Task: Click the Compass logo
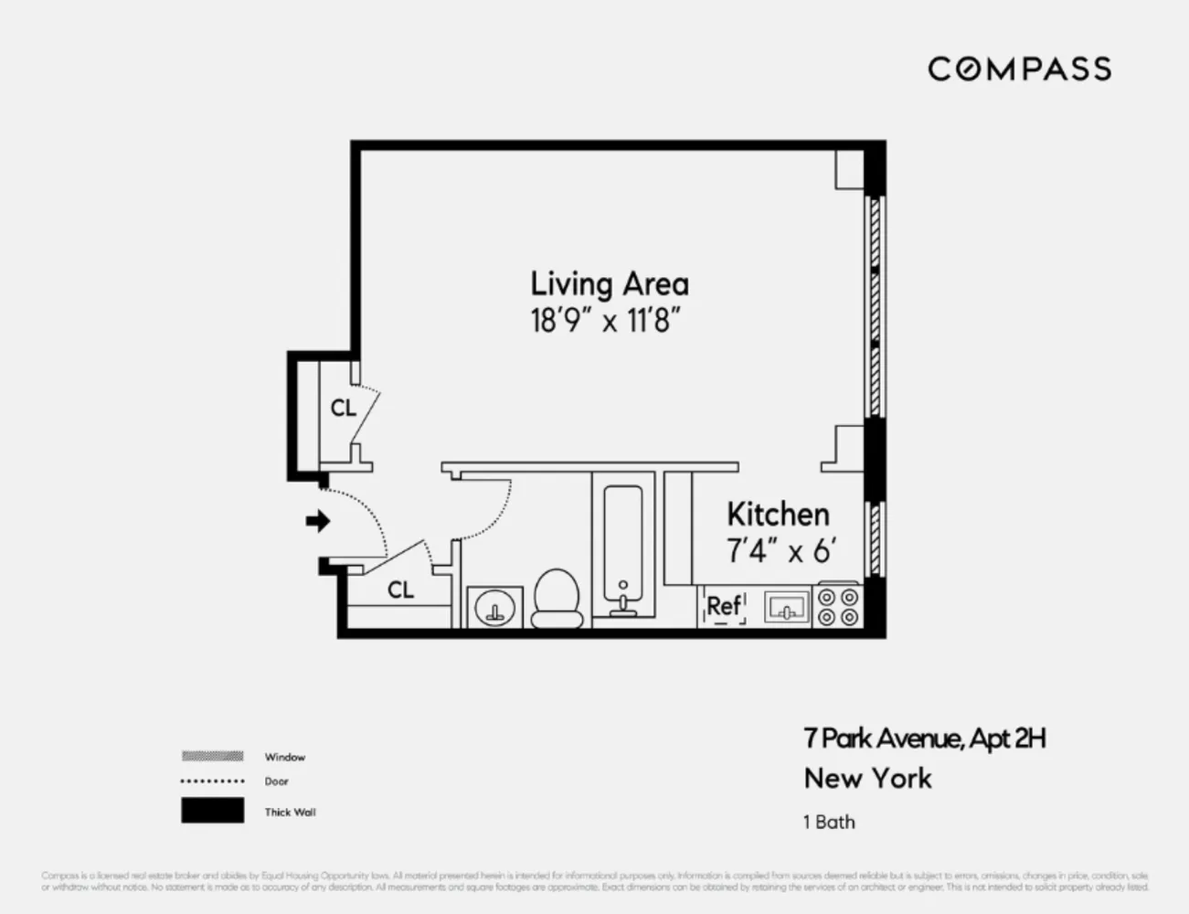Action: (1019, 69)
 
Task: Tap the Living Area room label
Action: (610, 283)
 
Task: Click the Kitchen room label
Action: (778, 515)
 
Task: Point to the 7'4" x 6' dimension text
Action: (781, 552)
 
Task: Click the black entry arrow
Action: (317, 521)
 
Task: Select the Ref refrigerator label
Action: (724, 606)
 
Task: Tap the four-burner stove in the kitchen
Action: (838, 606)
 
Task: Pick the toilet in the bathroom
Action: (557, 599)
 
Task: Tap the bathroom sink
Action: (495, 607)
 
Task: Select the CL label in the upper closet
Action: (344, 409)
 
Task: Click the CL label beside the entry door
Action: (400, 590)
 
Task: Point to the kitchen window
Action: (875, 538)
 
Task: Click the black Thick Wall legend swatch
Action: (212, 811)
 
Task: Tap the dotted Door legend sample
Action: (212, 781)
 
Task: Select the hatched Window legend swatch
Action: (212, 756)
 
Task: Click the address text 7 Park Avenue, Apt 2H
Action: (924, 739)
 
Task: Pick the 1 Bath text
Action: (829, 822)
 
